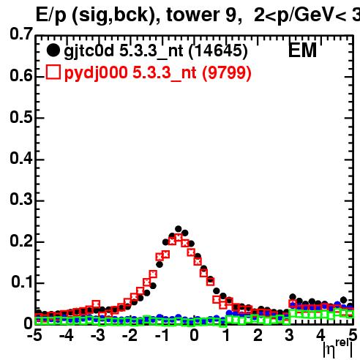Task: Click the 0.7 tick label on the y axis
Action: click(21, 34)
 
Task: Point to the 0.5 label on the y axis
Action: click(21, 117)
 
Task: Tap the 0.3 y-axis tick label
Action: click(21, 199)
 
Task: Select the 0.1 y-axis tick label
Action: click(22, 282)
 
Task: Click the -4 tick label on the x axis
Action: click(67, 335)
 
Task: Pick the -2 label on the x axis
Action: click(130, 335)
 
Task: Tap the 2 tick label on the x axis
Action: click(258, 335)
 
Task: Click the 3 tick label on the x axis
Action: click(289, 335)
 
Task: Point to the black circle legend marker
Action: click(53, 50)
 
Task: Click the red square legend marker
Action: click(53, 72)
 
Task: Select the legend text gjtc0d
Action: click(89, 51)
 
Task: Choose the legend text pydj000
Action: click(96, 73)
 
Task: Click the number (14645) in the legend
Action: click(218, 51)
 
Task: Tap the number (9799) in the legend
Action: click(227, 73)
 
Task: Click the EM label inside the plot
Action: click(302, 50)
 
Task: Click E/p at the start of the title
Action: click(51, 15)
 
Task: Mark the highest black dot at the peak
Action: click(179, 229)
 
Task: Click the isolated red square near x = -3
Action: click(96, 304)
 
